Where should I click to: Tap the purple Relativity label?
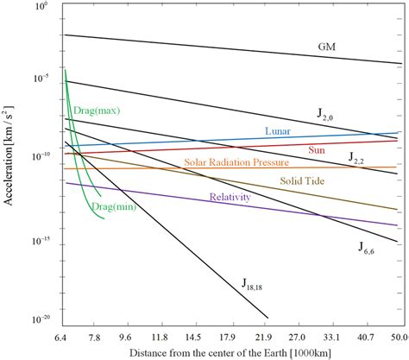[230, 197]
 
